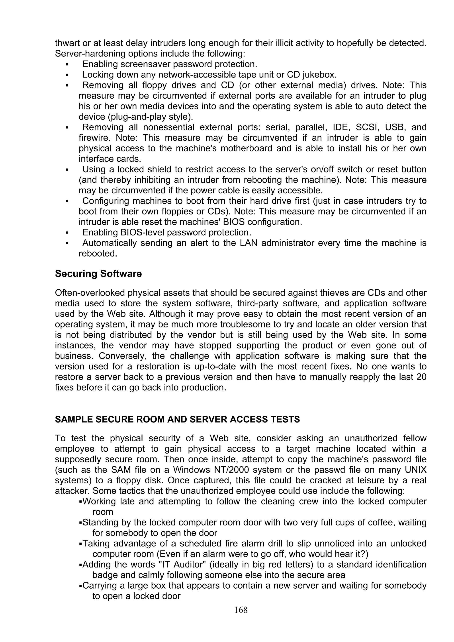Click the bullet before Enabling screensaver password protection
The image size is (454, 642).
click(67, 65)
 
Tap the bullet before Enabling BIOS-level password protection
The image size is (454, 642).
click(67, 233)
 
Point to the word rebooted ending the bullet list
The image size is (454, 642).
click(98, 253)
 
